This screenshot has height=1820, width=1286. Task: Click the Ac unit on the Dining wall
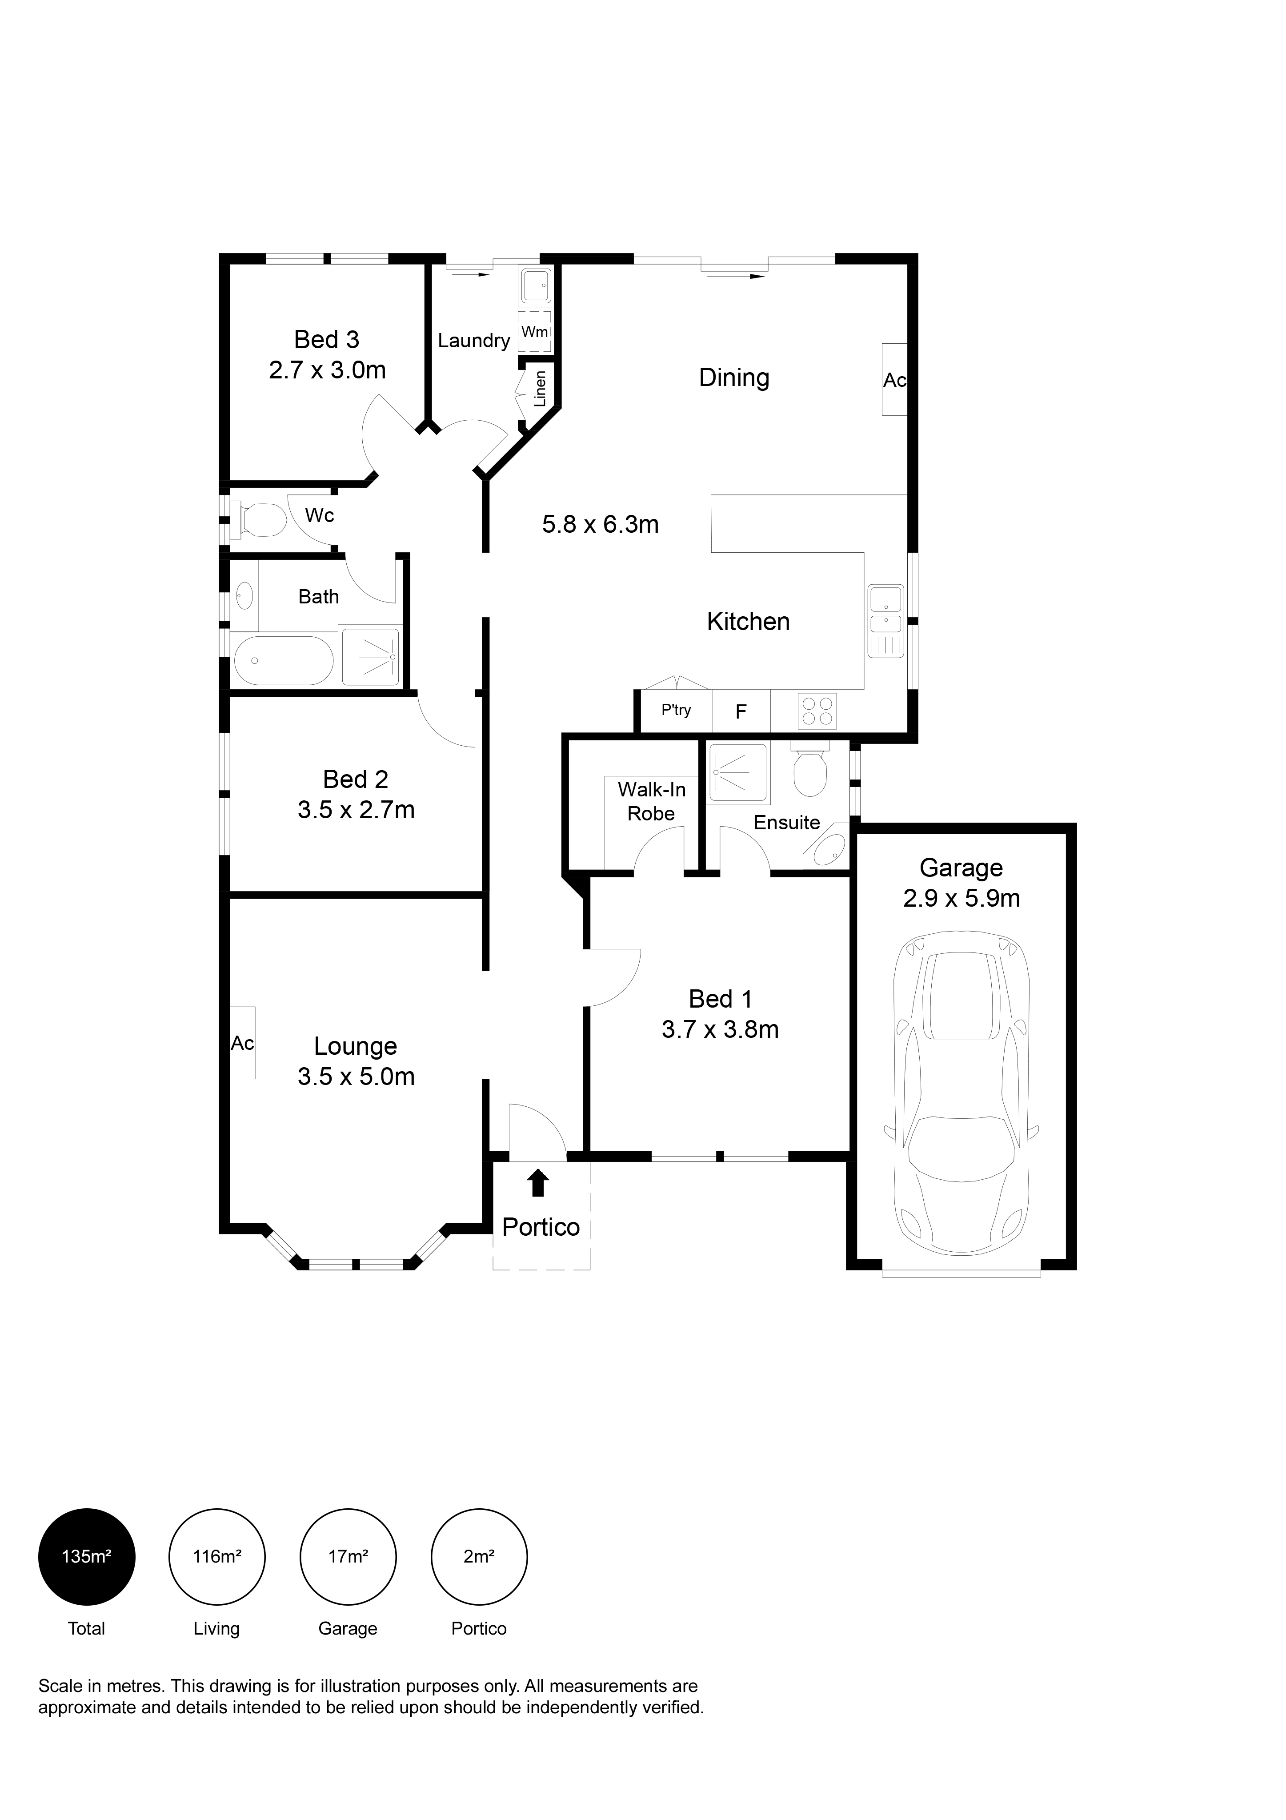tap(894, 380)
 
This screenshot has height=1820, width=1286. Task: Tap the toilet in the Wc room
tap(259, 520)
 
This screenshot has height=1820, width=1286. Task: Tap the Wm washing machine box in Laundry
tap(535, 332)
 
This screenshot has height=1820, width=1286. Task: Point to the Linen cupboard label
tap(541, 389)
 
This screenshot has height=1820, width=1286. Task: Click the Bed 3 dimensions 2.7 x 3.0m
tap(327, 370)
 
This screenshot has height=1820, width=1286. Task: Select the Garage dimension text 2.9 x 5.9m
tap(961, 898)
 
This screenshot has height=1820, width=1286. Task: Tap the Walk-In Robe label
tap(651, 801)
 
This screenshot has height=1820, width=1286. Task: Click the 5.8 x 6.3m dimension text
tap(601, 524)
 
